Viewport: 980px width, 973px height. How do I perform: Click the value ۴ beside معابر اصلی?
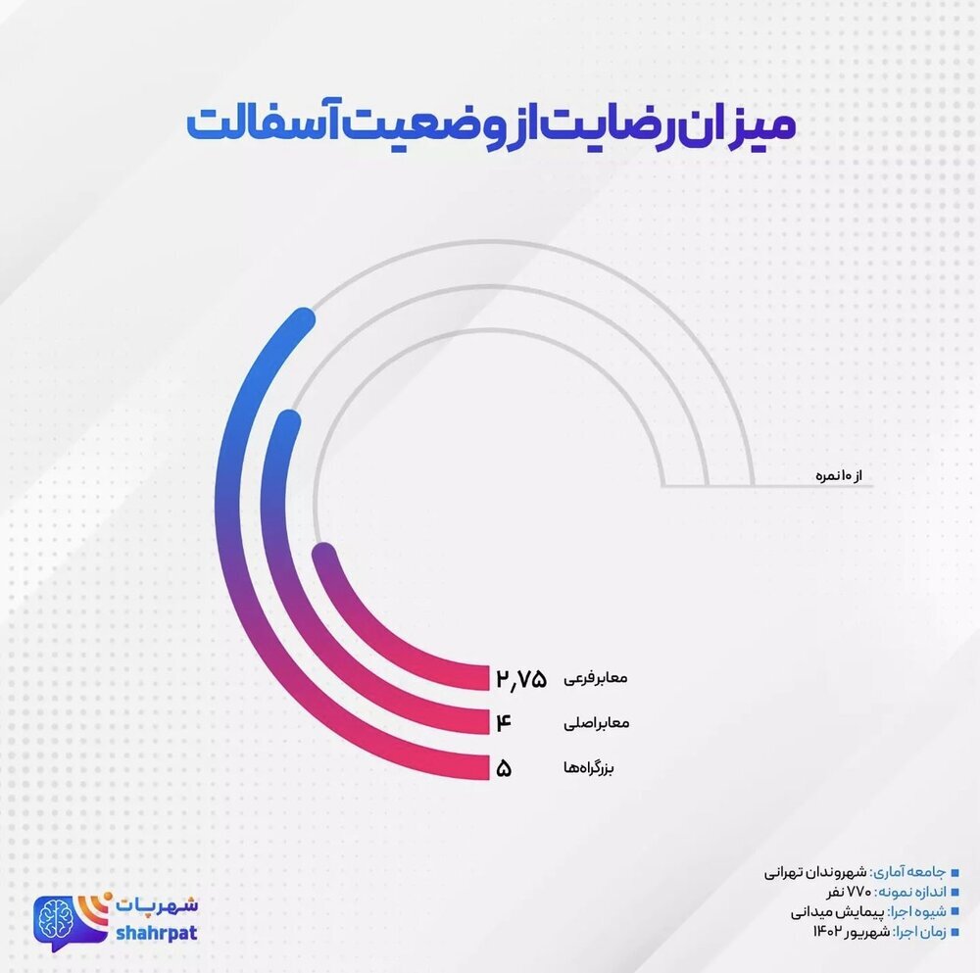[505, 724]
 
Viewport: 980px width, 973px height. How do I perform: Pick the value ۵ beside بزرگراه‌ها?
[505, 768]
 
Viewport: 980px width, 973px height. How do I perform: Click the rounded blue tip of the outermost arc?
[303, 320]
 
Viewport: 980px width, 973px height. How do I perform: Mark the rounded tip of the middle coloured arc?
[287, 422]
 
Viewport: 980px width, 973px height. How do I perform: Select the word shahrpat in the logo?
[156, 932]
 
